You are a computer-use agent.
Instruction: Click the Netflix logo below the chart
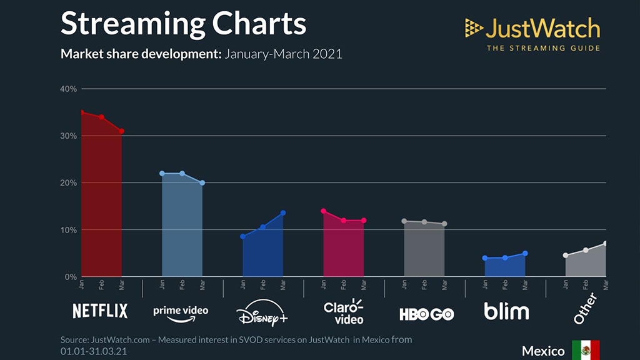point(100,311)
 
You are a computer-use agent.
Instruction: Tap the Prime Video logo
point(181,311)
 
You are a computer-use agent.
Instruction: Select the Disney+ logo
point(262,312)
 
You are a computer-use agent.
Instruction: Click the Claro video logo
point(343,311)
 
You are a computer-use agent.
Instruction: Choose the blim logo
point(506,311)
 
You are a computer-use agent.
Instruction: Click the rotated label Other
point(586,309)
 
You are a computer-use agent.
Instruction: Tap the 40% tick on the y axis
point(69,89)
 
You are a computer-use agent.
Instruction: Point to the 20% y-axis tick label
point(69,182)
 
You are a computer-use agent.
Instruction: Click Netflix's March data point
point(122,131)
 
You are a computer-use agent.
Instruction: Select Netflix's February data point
point(101,117)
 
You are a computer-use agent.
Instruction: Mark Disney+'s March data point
point(283,213)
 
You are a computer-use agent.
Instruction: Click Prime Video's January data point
point(162,173)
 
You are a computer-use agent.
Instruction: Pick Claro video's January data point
point(323,211)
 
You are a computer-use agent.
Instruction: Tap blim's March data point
point(525,253)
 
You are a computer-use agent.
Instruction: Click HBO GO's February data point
point(424,222)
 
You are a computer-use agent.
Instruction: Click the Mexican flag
point(586,350)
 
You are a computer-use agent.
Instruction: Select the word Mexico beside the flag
point(544,351)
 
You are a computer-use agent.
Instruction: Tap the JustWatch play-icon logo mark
point(474,27)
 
